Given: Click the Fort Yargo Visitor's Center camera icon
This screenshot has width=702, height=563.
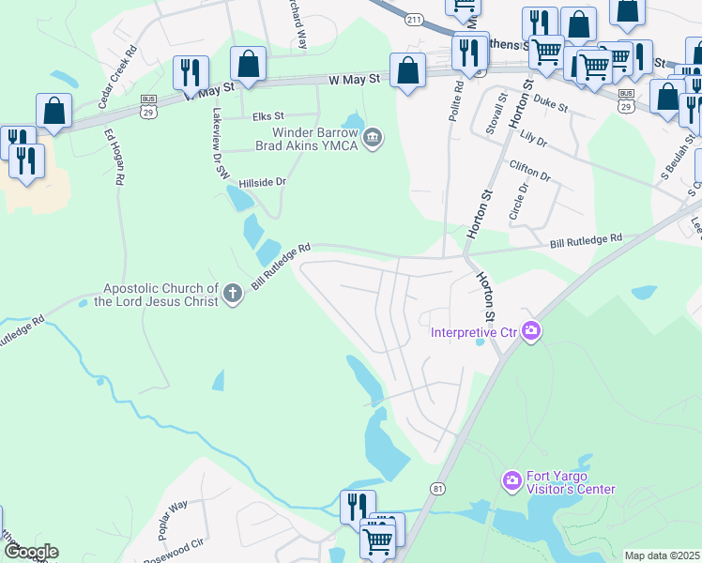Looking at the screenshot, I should tap(511, 480).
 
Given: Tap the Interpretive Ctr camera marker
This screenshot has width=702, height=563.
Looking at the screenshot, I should tap(531, 330).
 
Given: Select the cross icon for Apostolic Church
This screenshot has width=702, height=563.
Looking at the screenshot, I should tap(232, 296).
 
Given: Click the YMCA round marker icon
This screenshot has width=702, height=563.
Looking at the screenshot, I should tap(373, 139).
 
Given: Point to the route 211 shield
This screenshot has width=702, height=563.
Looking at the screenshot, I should tap(413, 19).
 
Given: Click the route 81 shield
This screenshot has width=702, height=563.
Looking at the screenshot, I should tap(437, 489).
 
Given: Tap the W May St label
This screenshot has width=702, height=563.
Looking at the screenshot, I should tap(355, 81).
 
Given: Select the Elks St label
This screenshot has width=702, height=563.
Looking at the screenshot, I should tap(267, 116).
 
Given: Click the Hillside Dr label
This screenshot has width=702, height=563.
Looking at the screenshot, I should tap(261, 184).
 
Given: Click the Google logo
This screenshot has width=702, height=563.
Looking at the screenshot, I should tap(30, 552).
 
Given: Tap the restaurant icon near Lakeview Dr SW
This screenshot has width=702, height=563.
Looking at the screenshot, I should tap(191, 72).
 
